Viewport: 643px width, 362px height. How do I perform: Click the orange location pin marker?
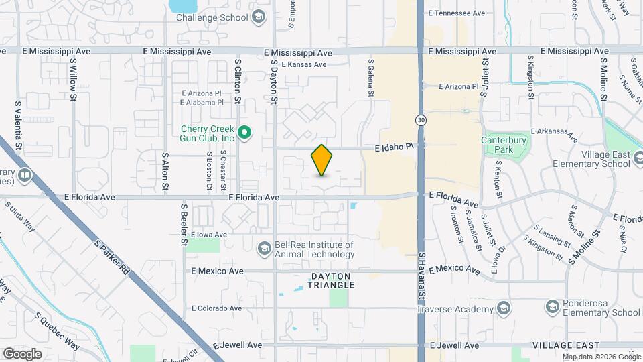pyautogui.click(x=321, y=160)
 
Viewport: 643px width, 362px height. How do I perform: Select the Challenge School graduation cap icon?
pyautogui.click(x=258, y=17)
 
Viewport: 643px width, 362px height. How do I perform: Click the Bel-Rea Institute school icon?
pyautogui.click(x=265, y=249)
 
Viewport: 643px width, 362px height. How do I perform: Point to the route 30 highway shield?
pyautogui.click(x=420, y=120)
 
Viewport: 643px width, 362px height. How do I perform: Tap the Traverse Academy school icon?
pyautogui.click(x=504, y=308)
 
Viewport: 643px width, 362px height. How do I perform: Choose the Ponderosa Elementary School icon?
pyautogui.click(x=553, y=308)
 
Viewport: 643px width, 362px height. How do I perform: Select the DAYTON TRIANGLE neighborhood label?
pyautogui.click(x=332, y=280)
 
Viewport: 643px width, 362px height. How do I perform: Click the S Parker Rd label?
pyautogui.click(x=111, y=260)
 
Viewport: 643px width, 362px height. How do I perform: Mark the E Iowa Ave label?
pyautogui.click(x=209, y=235)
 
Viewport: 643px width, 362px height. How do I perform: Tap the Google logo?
pyautogui.click(x=22, y=353)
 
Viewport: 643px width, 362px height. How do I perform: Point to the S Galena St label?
pyautogui.click(x=370, y=77)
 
